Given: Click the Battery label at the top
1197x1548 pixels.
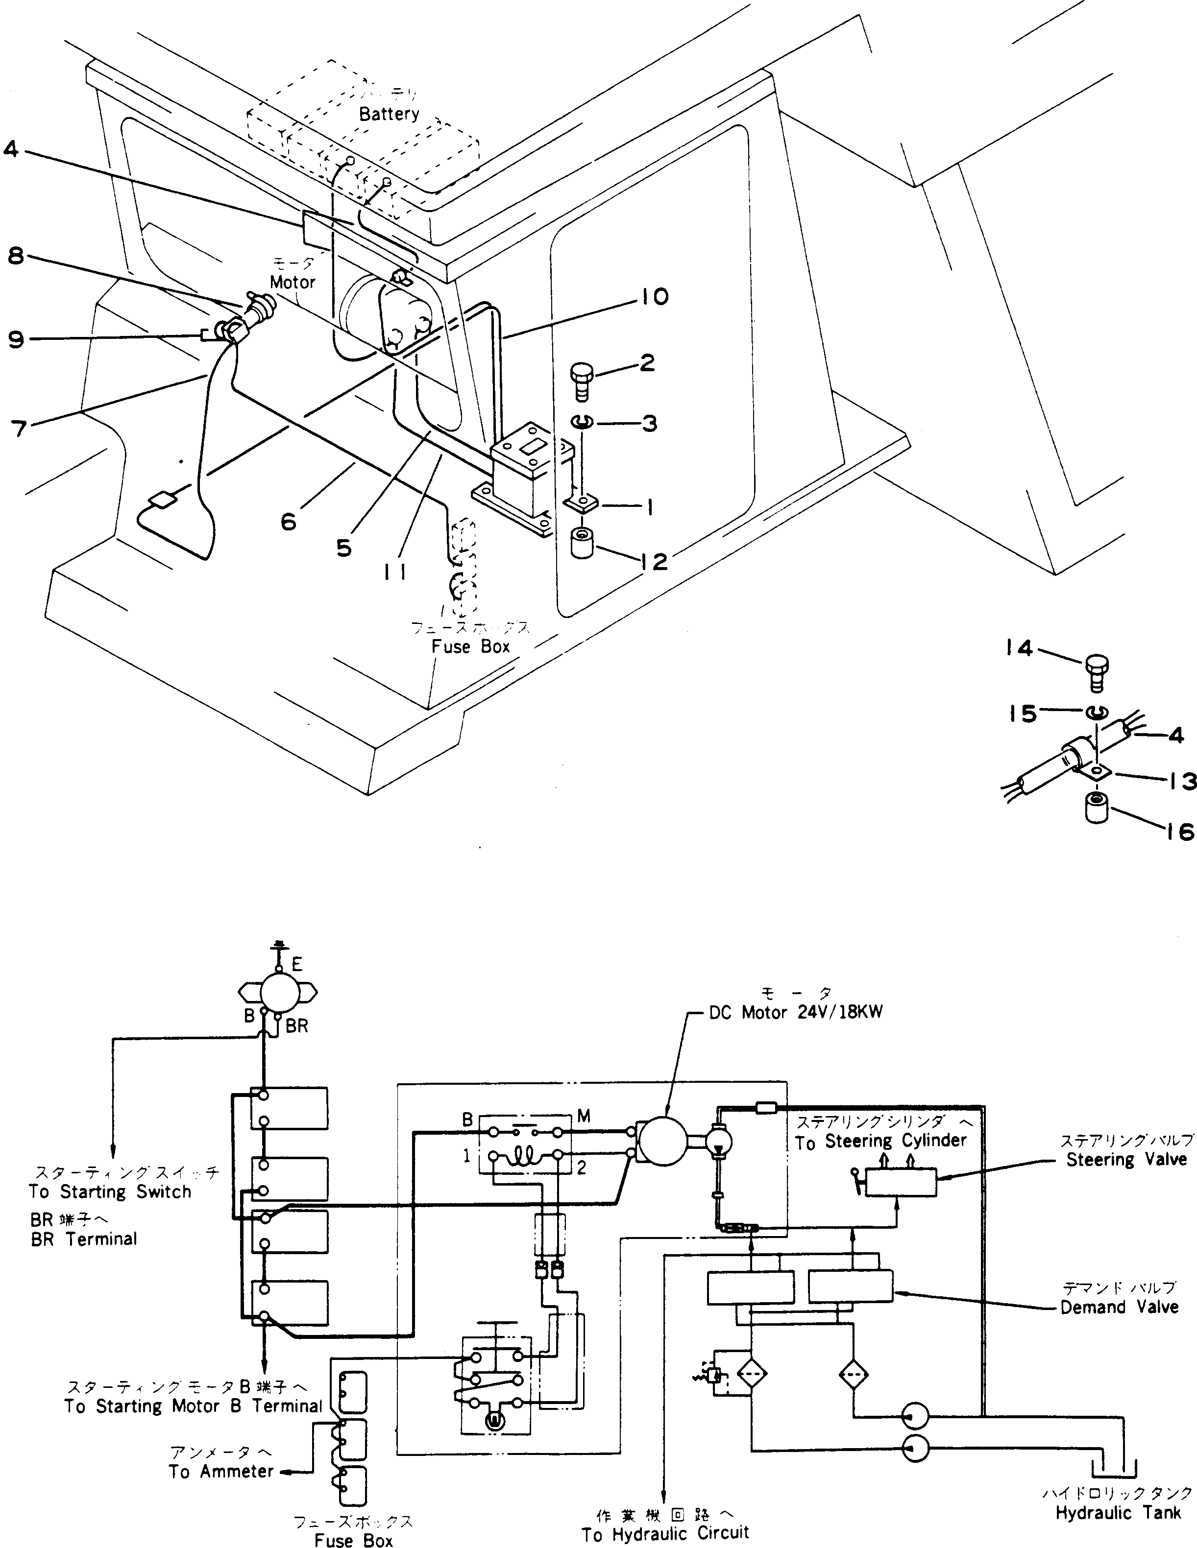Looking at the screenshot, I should point(389,114).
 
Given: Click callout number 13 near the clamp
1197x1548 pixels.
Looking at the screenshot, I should point(1181,782).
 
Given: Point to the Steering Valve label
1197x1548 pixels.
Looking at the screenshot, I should point(1126,1160).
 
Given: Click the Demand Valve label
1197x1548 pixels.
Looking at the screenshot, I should point(1119,1307).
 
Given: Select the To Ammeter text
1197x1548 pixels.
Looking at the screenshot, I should point(220,1472).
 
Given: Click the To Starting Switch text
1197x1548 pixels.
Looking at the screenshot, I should point(110,1192).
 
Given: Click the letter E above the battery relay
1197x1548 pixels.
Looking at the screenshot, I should point(296,964).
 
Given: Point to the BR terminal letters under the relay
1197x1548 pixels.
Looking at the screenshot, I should point(297,1025).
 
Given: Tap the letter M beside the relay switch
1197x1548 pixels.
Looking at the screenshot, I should point(584,1117).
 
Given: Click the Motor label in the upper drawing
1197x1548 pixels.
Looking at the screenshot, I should point(292,282).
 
